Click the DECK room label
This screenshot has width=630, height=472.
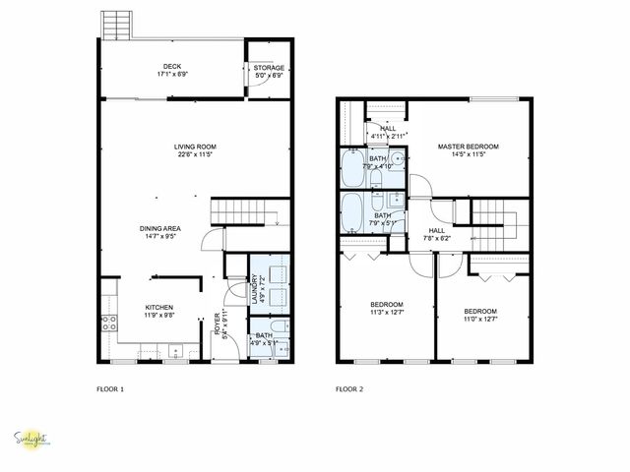(x=171, y=68)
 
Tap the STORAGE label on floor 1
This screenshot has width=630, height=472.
(x=269, y=68)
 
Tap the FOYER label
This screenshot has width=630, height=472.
(x=217, y=324)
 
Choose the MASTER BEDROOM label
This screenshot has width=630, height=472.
(x=468, y=147)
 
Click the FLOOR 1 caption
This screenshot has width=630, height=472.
(x=110, y=389)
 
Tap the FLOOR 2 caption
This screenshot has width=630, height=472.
(x=349, y=389)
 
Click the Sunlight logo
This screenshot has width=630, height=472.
(x=32, y=441)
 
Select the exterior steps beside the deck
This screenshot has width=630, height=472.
(x=115, y=24)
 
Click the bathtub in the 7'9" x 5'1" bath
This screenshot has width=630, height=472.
(x=351, y=209)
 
